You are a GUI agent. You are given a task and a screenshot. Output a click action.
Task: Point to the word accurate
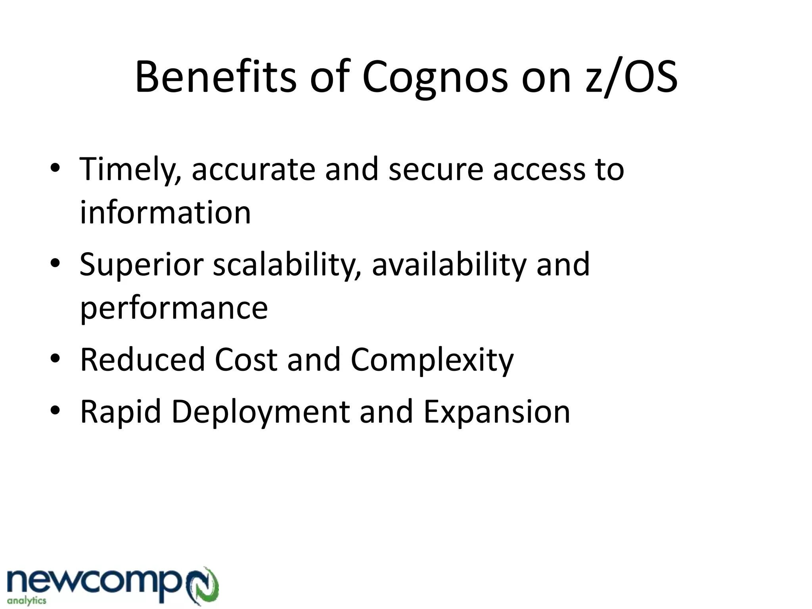(253, 170)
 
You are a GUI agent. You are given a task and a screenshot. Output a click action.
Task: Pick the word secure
(435, 170)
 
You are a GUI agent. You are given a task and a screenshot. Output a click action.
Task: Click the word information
(165, 213)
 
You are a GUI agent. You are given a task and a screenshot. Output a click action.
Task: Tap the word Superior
(141, 265)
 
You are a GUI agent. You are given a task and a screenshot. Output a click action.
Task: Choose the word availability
(448, 265)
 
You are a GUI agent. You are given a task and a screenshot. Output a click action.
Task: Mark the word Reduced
(142, 360)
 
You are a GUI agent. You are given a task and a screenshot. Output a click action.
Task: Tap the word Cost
(246, 360)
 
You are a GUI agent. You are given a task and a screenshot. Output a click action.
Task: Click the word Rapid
(121, 412)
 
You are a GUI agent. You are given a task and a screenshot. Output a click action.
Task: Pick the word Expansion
(496, 412)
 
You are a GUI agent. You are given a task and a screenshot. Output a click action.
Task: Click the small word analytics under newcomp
(27, 601)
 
